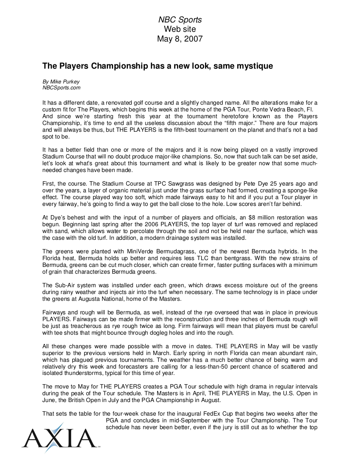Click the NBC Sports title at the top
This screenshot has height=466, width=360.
coord(180,20)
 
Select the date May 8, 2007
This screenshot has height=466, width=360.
coord(180,39)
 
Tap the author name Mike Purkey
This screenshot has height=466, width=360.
coord(64,81)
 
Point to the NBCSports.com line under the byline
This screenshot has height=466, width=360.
coord(61,88)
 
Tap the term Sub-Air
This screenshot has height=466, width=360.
coord(65,286)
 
